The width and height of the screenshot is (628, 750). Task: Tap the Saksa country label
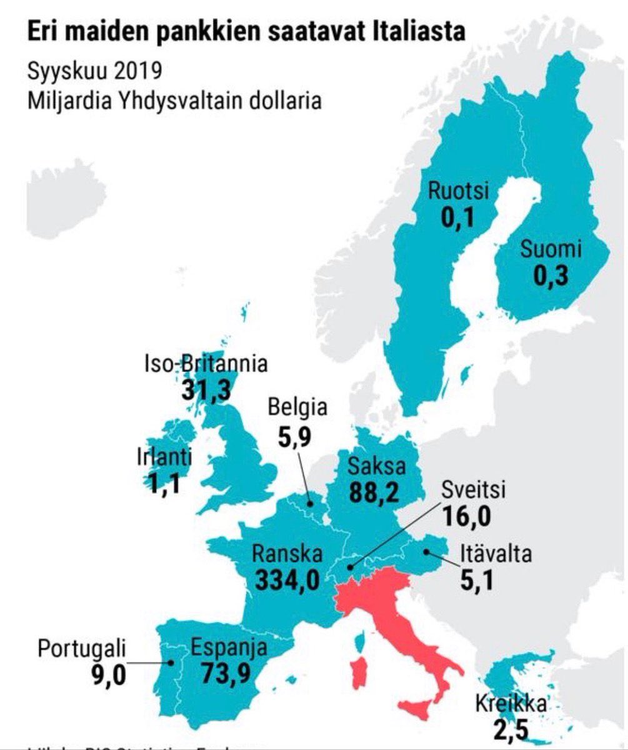tap(377, 466)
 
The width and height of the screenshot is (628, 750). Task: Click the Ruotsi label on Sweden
tap(457, 191)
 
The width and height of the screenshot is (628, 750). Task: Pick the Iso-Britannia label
tap(206, 364)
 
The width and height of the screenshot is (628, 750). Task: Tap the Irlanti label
tap(164, 457)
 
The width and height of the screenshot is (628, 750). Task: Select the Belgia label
tap(297, 407)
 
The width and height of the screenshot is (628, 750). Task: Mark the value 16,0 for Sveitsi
tap(466, 516)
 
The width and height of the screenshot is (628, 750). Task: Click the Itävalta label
tap(496, 554)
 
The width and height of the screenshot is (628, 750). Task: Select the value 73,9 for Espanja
tap(230, 674)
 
